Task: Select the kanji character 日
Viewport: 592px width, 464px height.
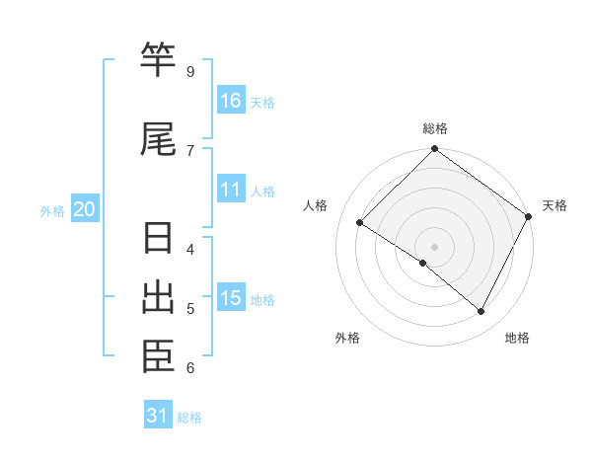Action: click(159, 240)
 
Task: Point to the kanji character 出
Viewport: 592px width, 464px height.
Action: click(159, 299)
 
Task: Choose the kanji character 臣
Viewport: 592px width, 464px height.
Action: click(159, 357)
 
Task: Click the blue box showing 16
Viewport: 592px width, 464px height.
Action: click(231, 100)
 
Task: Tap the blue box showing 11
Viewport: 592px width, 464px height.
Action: click(231, 190)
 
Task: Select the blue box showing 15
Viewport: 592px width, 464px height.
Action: click(231, 298)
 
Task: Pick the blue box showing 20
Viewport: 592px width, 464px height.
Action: click(85, 209)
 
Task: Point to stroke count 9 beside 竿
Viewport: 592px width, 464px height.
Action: click(189, 71)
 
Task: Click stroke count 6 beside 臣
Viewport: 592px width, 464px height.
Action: click(189, 368)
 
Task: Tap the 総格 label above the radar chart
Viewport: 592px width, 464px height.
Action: click(435, 128)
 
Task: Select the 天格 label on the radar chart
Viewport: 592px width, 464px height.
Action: click(555, 205)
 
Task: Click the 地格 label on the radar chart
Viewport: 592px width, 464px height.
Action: click(517, 338)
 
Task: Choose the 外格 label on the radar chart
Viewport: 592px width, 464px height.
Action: click(347, 338)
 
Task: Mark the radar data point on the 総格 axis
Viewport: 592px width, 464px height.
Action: click(434, 149)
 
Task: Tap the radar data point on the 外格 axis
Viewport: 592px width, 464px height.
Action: click(423, 263)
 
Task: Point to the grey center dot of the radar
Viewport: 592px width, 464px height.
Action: click(434, 246)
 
